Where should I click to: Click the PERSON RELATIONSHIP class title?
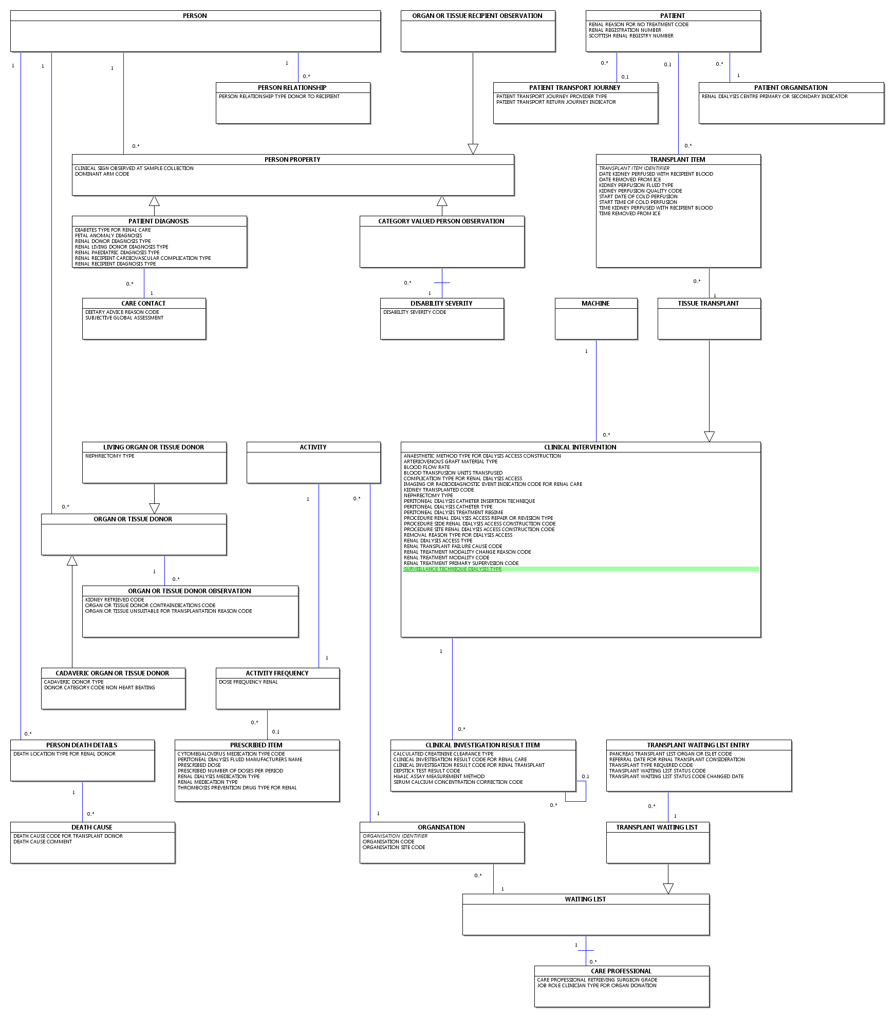click(292, 88)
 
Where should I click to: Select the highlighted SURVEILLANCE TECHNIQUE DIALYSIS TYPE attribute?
click(453, 569)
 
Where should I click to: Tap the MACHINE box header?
click(596, 304)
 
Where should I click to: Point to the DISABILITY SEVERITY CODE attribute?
click(415, 312)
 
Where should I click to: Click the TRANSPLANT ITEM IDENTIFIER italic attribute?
click(634, 168)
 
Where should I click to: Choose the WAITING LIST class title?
click(585, 899)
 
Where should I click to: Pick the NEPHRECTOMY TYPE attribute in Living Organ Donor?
click(109, 456)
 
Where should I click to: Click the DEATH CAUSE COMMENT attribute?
click(43, 842)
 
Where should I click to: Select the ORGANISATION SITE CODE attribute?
click(394, 847)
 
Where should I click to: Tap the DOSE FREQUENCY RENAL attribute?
click(248, 682)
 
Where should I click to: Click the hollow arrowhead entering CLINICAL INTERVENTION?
click(709, 437)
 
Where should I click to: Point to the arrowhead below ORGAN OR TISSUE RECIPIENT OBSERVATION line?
click(473, 149)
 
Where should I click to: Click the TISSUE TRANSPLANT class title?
click(708, 304)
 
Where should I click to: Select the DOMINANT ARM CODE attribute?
click(102, 174)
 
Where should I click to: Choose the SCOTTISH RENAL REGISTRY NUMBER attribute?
click(631, 36)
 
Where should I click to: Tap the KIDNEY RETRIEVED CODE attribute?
click(115, 600)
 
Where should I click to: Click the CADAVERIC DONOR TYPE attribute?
click(73, 682)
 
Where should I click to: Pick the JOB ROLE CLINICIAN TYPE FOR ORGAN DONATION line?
click(597, 986)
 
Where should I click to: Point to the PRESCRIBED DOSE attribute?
click(199, 765)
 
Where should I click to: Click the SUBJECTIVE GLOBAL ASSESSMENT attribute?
click(124, 318)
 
